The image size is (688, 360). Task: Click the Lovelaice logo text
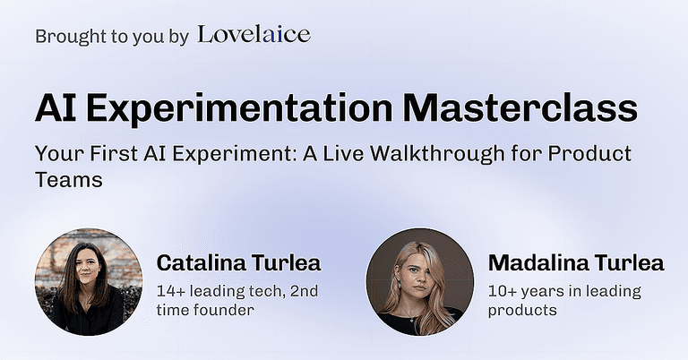coord(254,35)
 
